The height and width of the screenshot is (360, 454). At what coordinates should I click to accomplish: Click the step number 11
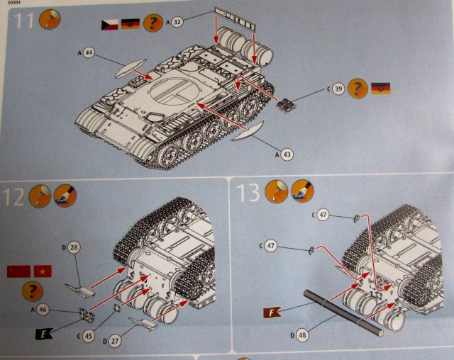[x=23, y=21]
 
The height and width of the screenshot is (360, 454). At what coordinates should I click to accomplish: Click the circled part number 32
[x=178, y=22]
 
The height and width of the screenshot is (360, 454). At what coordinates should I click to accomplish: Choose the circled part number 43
[x=287, y=153]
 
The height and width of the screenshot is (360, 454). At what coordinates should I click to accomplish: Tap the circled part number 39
[x=338, y=89]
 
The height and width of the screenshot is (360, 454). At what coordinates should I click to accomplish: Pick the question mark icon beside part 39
[x=360, y=89]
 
